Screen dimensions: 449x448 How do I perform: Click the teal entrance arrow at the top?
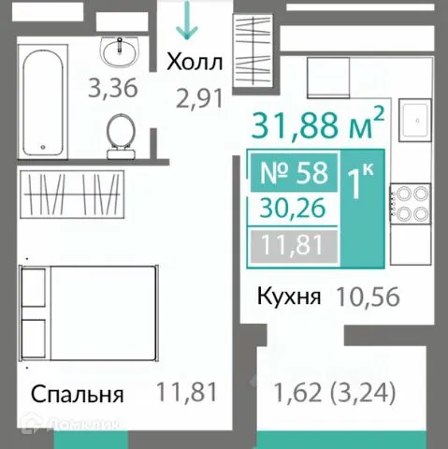point(188,21)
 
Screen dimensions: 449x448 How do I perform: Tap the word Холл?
point(195,63)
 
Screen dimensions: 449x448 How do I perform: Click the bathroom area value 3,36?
point(112,89)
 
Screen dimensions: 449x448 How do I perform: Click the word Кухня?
point(290,297)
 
